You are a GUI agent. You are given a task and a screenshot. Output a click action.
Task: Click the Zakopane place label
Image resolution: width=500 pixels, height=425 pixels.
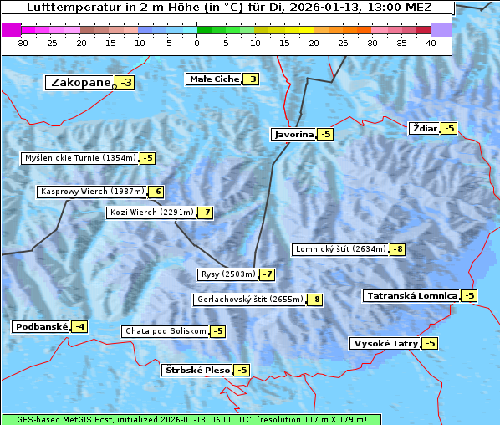click(80, 83)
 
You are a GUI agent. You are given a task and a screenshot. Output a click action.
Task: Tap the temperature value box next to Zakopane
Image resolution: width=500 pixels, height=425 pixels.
click(125, 83)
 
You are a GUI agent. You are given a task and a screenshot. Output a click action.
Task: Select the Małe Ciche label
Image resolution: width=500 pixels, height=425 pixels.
click(214, 79)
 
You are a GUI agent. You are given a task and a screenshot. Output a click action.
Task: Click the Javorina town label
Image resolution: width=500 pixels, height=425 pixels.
click(293, 134)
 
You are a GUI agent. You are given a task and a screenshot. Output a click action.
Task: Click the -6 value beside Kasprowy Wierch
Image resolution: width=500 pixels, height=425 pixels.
click(156, 192)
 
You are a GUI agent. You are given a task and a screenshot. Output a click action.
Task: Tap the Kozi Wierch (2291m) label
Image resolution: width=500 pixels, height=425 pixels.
click(151, 212)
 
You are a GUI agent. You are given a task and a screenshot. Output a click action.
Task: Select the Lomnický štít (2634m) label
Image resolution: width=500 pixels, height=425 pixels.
click(340, 249)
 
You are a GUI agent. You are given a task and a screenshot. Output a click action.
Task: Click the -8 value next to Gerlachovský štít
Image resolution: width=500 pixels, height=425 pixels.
click(314, 300)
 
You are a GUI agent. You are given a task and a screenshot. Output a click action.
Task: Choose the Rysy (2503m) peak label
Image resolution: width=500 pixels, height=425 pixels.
click(227, 274)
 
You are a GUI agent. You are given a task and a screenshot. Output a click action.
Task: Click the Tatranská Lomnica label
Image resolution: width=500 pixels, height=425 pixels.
click(411, 296)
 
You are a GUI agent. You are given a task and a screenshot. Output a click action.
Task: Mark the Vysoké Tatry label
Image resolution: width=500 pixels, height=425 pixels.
click(385, 344)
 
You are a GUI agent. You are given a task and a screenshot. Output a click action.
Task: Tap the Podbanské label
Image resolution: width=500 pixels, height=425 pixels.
click(40, 326)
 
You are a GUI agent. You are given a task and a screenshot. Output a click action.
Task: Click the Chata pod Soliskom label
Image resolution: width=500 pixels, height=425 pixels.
click(164, 331)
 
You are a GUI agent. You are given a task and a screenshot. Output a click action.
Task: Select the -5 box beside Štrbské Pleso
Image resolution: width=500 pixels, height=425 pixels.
click(242, 370)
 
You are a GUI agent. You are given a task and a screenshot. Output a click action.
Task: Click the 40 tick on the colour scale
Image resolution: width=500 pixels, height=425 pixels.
click(431, 43)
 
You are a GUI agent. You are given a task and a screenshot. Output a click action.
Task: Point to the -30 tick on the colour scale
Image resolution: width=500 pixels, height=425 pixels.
click(22, 43)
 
